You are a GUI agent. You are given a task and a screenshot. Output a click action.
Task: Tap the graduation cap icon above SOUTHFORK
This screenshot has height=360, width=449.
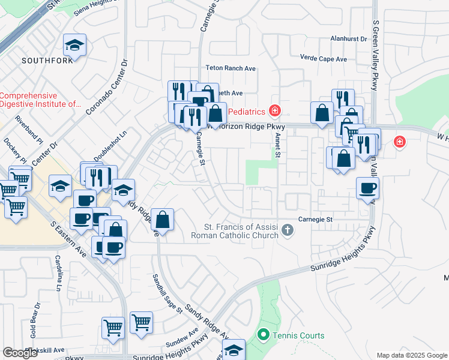pos(75,45)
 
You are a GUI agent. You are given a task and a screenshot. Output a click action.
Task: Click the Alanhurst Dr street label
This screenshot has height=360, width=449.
pos(348,38)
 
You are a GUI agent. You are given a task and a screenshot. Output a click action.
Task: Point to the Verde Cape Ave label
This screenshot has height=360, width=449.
pos(324,59)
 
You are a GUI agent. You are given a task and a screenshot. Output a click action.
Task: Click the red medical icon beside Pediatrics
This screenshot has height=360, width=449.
pos(275,110)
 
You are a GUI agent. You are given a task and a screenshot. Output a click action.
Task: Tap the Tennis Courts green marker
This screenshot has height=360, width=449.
pos(263,334)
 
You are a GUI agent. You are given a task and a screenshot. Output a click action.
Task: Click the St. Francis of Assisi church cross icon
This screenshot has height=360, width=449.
pos(288,229)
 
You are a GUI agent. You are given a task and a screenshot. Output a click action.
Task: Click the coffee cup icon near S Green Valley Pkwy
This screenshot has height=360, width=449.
pos(367,188)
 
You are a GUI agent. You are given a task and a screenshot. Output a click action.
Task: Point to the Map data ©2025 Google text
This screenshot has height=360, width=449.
pos(411,355)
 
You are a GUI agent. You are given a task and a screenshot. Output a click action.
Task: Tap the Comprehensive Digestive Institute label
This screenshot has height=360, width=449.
pos(40,100)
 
